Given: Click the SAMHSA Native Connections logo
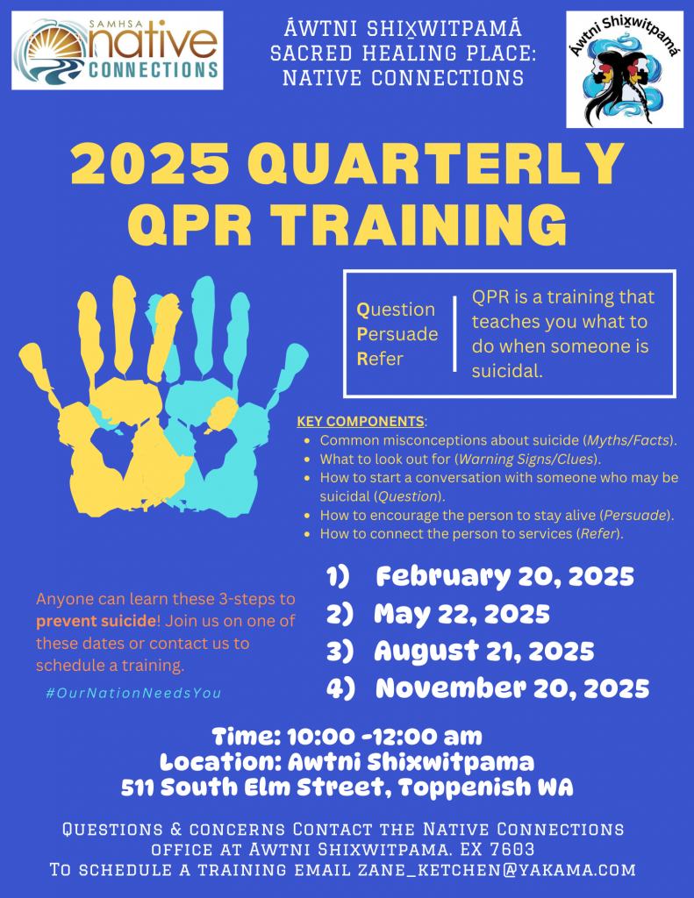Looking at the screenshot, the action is (118, 50).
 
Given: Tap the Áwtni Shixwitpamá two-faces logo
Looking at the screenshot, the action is (625, 69).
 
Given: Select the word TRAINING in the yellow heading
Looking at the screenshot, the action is (419, 224).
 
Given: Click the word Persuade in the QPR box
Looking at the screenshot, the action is (397, 334).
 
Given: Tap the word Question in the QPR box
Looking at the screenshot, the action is (396, 310).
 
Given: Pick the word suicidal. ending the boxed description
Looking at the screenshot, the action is (507, 371).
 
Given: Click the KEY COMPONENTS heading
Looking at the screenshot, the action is (361, 422).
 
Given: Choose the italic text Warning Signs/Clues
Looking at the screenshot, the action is (526, 460).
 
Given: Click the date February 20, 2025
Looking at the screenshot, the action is (504, 577).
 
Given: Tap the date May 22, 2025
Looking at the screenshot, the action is (461, 614).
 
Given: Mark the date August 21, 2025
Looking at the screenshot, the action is (484, 652).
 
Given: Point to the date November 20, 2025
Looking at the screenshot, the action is (512, 688).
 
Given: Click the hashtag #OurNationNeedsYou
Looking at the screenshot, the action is (133, 693).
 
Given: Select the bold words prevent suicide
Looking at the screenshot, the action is (96, 621).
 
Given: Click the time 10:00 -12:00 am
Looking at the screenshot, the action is (384, 737).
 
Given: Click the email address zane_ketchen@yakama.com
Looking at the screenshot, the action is (497, 870).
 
